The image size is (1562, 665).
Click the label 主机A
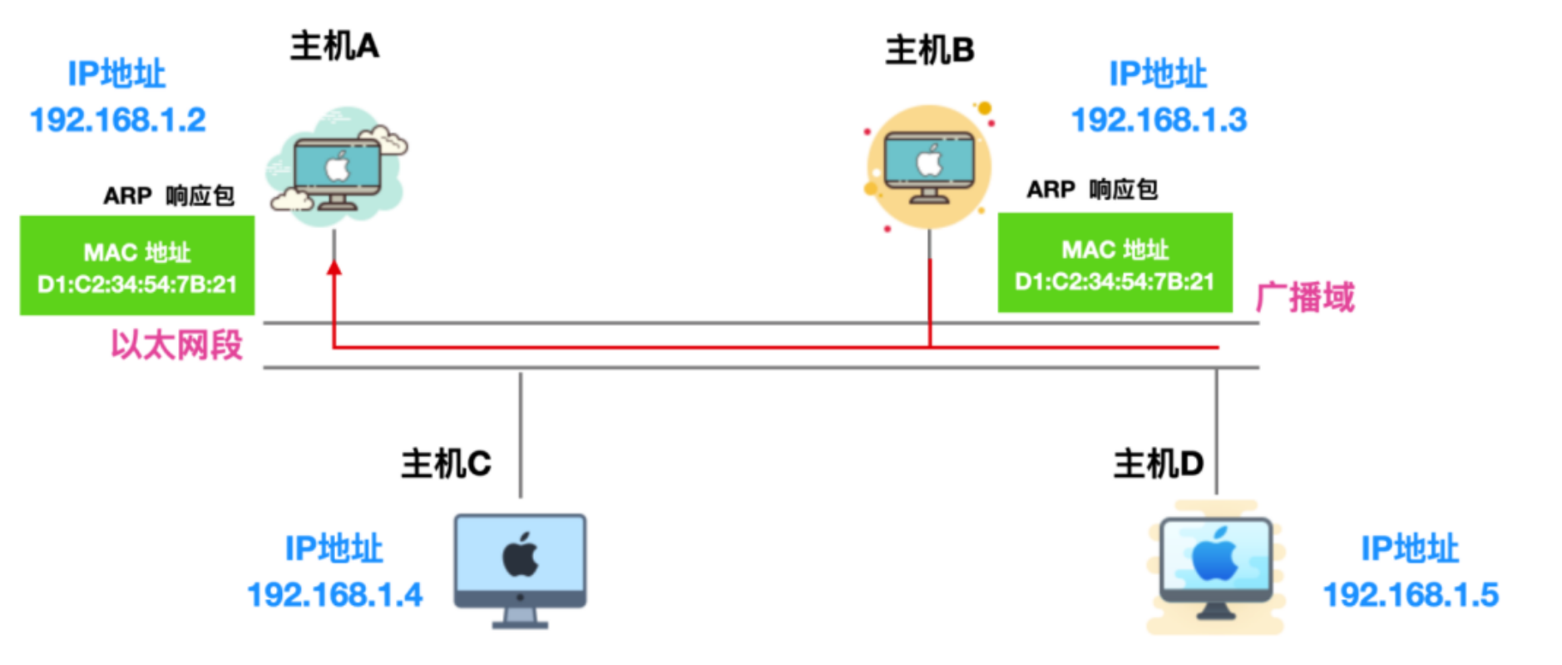(x=334, y=47)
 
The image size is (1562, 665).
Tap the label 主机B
(x=929, y=51)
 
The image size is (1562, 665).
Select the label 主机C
(x=446, y=464)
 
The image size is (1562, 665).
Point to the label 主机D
(x=1158, y=464)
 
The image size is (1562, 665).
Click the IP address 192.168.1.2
(x=118, y=120)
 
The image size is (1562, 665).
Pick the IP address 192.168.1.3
(x=1159, y=120)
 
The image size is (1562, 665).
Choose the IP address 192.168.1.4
(x=334, y=594)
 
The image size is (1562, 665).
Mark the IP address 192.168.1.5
(x=1411, y=594)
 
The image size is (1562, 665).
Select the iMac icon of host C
(x=520, y=569)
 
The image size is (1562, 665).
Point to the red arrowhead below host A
(x=334, y=268)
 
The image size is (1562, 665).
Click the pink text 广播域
(x=1305, y=297)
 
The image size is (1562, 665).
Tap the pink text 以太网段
(x=176, y=345)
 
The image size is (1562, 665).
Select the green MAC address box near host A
(x=137, y=266)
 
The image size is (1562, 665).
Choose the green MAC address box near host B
(x=1115, y=263)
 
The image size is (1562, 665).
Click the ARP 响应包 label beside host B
(x=1091, y=190)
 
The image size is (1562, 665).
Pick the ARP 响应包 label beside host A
(x=169, y=196)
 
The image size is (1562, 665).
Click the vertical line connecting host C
(x=521, y=433)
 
